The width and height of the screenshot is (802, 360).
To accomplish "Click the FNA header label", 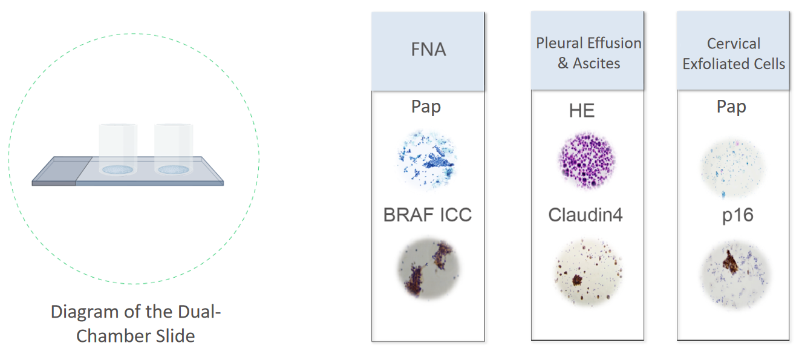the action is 428,50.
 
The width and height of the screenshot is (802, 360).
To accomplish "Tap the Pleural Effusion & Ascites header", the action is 588,53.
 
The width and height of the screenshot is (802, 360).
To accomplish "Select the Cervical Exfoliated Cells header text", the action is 734,54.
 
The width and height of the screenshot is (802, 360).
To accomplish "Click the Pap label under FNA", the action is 426,106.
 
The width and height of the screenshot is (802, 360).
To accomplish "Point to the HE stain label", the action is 582,111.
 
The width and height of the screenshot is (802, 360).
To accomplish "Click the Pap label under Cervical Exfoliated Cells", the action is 731,106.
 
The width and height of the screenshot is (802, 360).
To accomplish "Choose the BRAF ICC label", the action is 428,215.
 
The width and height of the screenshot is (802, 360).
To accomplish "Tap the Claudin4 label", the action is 585,215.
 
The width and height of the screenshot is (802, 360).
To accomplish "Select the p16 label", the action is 737,215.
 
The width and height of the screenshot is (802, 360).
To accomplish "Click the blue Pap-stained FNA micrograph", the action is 427,159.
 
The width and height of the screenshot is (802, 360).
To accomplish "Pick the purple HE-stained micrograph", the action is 587,160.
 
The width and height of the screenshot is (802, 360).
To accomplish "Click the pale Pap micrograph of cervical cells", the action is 732,168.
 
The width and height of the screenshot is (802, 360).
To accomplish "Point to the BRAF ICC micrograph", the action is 429,269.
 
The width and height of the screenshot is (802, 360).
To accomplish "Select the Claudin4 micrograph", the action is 588,272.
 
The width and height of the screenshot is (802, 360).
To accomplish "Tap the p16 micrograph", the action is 735,275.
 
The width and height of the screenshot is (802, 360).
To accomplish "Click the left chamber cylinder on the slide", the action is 118,149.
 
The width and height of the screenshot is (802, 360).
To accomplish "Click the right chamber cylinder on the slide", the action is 174,149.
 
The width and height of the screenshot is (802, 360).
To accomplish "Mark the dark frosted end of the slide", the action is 62,171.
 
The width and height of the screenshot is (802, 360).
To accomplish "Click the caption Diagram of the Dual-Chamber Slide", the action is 135,324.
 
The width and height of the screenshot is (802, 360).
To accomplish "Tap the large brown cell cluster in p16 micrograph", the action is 731,262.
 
